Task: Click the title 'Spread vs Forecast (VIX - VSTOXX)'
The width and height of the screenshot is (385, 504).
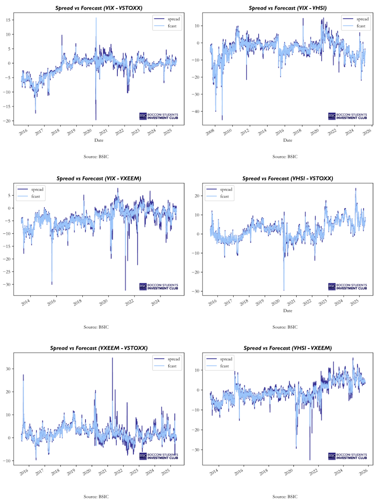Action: point(98,8)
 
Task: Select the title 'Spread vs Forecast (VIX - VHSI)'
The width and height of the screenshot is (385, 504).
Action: point(287,8)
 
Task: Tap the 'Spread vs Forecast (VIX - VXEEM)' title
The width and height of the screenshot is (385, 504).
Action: point(98,178)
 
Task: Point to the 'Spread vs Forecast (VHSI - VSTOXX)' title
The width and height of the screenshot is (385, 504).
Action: point(287,178)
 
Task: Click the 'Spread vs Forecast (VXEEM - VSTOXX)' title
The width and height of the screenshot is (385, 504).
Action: point(98,348)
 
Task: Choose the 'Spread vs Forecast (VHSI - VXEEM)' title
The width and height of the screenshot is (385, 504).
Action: point(287,348)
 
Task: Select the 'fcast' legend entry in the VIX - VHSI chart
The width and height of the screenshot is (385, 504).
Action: point(361,26)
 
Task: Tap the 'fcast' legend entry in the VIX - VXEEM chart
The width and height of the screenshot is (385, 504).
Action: point(36,197)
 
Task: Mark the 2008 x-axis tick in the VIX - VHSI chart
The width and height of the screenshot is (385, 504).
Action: point(210,132)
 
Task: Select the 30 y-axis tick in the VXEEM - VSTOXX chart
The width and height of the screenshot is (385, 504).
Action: point(8,369)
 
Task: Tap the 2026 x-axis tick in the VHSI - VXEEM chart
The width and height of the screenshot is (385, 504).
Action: point(363,471)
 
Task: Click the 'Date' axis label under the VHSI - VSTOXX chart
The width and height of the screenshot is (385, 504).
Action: point(287,311)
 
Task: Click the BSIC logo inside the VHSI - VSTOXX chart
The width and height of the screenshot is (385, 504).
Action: point(347,287)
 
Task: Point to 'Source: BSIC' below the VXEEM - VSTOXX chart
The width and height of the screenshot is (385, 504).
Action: point(96,497)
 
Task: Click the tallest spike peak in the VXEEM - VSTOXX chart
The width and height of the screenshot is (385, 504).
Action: point(113,358)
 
